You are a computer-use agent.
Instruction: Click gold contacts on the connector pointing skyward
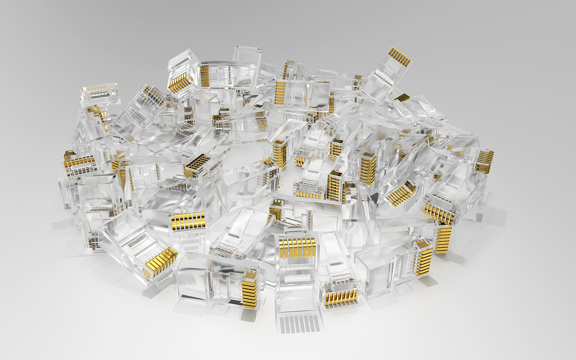400,57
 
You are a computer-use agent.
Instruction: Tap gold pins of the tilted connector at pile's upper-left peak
180,83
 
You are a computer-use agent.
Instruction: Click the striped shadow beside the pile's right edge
495,216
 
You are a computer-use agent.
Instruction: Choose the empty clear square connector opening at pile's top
247,56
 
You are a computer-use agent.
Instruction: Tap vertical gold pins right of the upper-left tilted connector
205,76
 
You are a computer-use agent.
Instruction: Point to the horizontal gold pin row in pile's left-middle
188,220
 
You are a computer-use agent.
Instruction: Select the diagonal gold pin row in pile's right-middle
401,193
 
